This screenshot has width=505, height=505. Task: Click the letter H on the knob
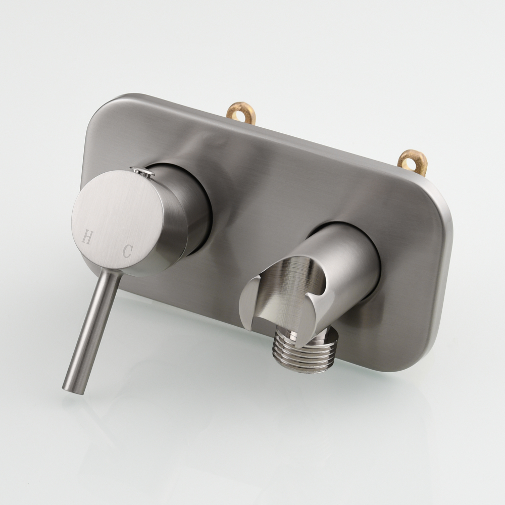pyautogui.click(x=86, y=237)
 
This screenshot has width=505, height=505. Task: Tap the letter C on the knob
pyautogui.click(x=128, y=251)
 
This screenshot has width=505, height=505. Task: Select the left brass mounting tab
pyautogui.click(x=240, y=113)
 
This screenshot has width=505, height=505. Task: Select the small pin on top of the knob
pyautogui.click(x=143, y=171)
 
